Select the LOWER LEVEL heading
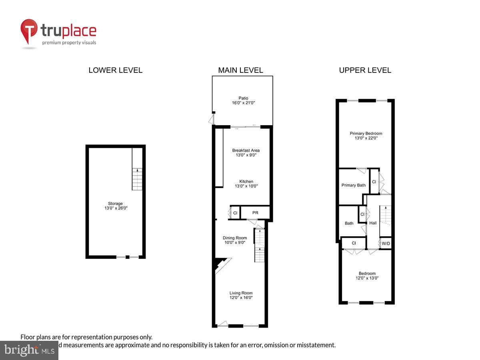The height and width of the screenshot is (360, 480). (x=115, y=70)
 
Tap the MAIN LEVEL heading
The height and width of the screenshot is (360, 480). (x=240, y=70)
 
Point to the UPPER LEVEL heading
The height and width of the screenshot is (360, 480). (x=365, y=70)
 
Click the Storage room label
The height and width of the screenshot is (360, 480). (x=115, y=206)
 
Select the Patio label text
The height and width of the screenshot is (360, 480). (x=243, y=100)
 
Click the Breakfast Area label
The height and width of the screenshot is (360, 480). (x=246, y=153)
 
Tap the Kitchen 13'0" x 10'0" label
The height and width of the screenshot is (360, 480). (x=246, y=184)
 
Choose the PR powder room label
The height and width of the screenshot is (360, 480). (x=255, y=213)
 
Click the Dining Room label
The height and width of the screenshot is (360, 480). (x=235, y=240)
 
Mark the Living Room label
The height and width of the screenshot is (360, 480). (x=241, y=295)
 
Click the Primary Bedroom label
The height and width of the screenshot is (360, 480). (x=366, y=136)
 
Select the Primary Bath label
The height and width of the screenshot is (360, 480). (x=353, y=185)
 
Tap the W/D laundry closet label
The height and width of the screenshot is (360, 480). (x=386, y=243)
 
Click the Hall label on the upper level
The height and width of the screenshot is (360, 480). (x=373, y=223)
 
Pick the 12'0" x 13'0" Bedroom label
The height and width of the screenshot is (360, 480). (x=367, y=276)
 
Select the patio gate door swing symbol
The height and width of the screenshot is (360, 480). (x=211, y=119)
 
